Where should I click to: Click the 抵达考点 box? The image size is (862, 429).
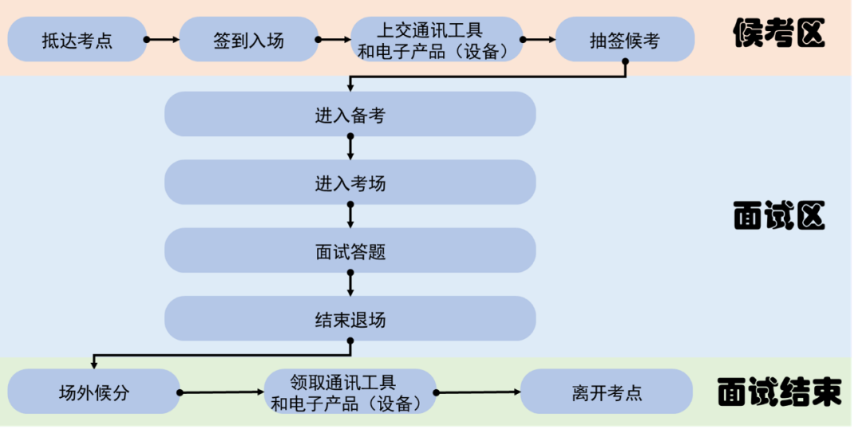[x=77, y=40]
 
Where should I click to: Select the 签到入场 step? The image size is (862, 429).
[x=248, y=40]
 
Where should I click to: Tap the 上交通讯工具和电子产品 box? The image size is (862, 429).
[x=437, y=40]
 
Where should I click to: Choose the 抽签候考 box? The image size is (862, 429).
[x=625, y=40]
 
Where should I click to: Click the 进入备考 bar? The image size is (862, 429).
[x=350, y=114]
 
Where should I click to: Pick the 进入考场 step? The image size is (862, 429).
[x=350, y=183]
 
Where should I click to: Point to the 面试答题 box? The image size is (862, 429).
[x=350, y=251]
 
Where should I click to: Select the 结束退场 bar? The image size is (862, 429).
[x=350, y=319]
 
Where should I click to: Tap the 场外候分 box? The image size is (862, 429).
[x=93, y=392]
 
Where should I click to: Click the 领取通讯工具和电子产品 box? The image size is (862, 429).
[x=350, y=392]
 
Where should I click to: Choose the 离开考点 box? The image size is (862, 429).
[x=607, y=392]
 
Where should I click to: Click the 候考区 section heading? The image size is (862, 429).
[x=778, y=33]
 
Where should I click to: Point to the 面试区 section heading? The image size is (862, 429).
[x=778, y=215]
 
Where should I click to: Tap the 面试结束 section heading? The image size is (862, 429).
[x=778, y=392]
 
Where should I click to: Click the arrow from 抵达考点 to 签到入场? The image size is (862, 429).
[x=163, y=38]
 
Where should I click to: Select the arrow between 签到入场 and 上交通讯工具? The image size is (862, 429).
[x=334, y=38]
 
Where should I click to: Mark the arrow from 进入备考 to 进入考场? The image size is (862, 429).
[x=350, y=148]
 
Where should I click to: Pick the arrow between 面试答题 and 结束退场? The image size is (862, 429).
[x=350, y=285]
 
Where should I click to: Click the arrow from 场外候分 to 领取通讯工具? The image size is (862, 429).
[x=221, y=392]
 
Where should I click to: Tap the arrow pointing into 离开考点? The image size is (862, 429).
[x=478, y=392]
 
